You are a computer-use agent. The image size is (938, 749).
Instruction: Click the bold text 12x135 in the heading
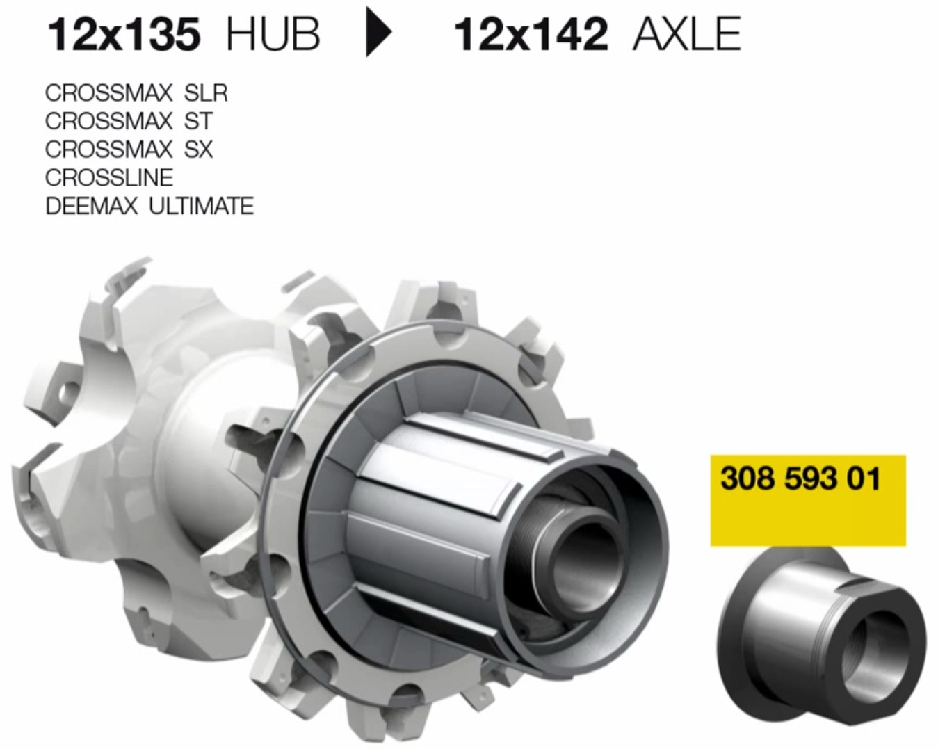click(124, 34)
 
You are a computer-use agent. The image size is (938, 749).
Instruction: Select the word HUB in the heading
click(273, 34)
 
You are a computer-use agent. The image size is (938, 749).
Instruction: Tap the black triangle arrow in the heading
click(379, 32)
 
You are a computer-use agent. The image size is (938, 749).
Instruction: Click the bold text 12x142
click(531, 34)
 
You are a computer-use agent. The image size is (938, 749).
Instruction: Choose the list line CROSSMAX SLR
click(136, 93)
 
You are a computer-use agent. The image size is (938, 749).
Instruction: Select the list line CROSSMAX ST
click(129, 121)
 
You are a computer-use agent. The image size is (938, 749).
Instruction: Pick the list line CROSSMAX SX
click(129, 149)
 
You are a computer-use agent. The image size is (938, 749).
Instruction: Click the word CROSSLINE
click(109, 177)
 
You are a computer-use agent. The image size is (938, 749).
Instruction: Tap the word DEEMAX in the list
click(92, 206)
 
